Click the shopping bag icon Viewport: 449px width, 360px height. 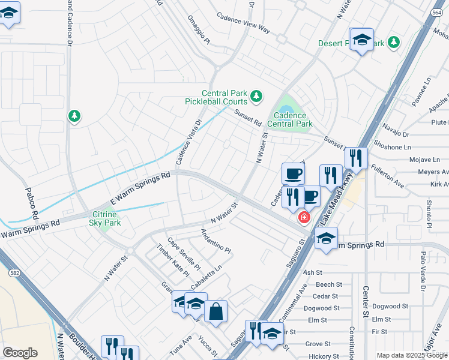pos(216,311)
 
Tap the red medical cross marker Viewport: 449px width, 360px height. pos(304,217)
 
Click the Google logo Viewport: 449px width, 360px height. pos(20,353)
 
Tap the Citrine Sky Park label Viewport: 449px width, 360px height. pos(106,218)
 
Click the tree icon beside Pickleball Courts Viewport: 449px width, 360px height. pos(256,96)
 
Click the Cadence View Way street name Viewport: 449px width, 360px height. pos(243,23)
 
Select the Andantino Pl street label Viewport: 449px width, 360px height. pos(216,241)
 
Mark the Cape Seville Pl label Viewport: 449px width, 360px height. pos(184,253)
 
